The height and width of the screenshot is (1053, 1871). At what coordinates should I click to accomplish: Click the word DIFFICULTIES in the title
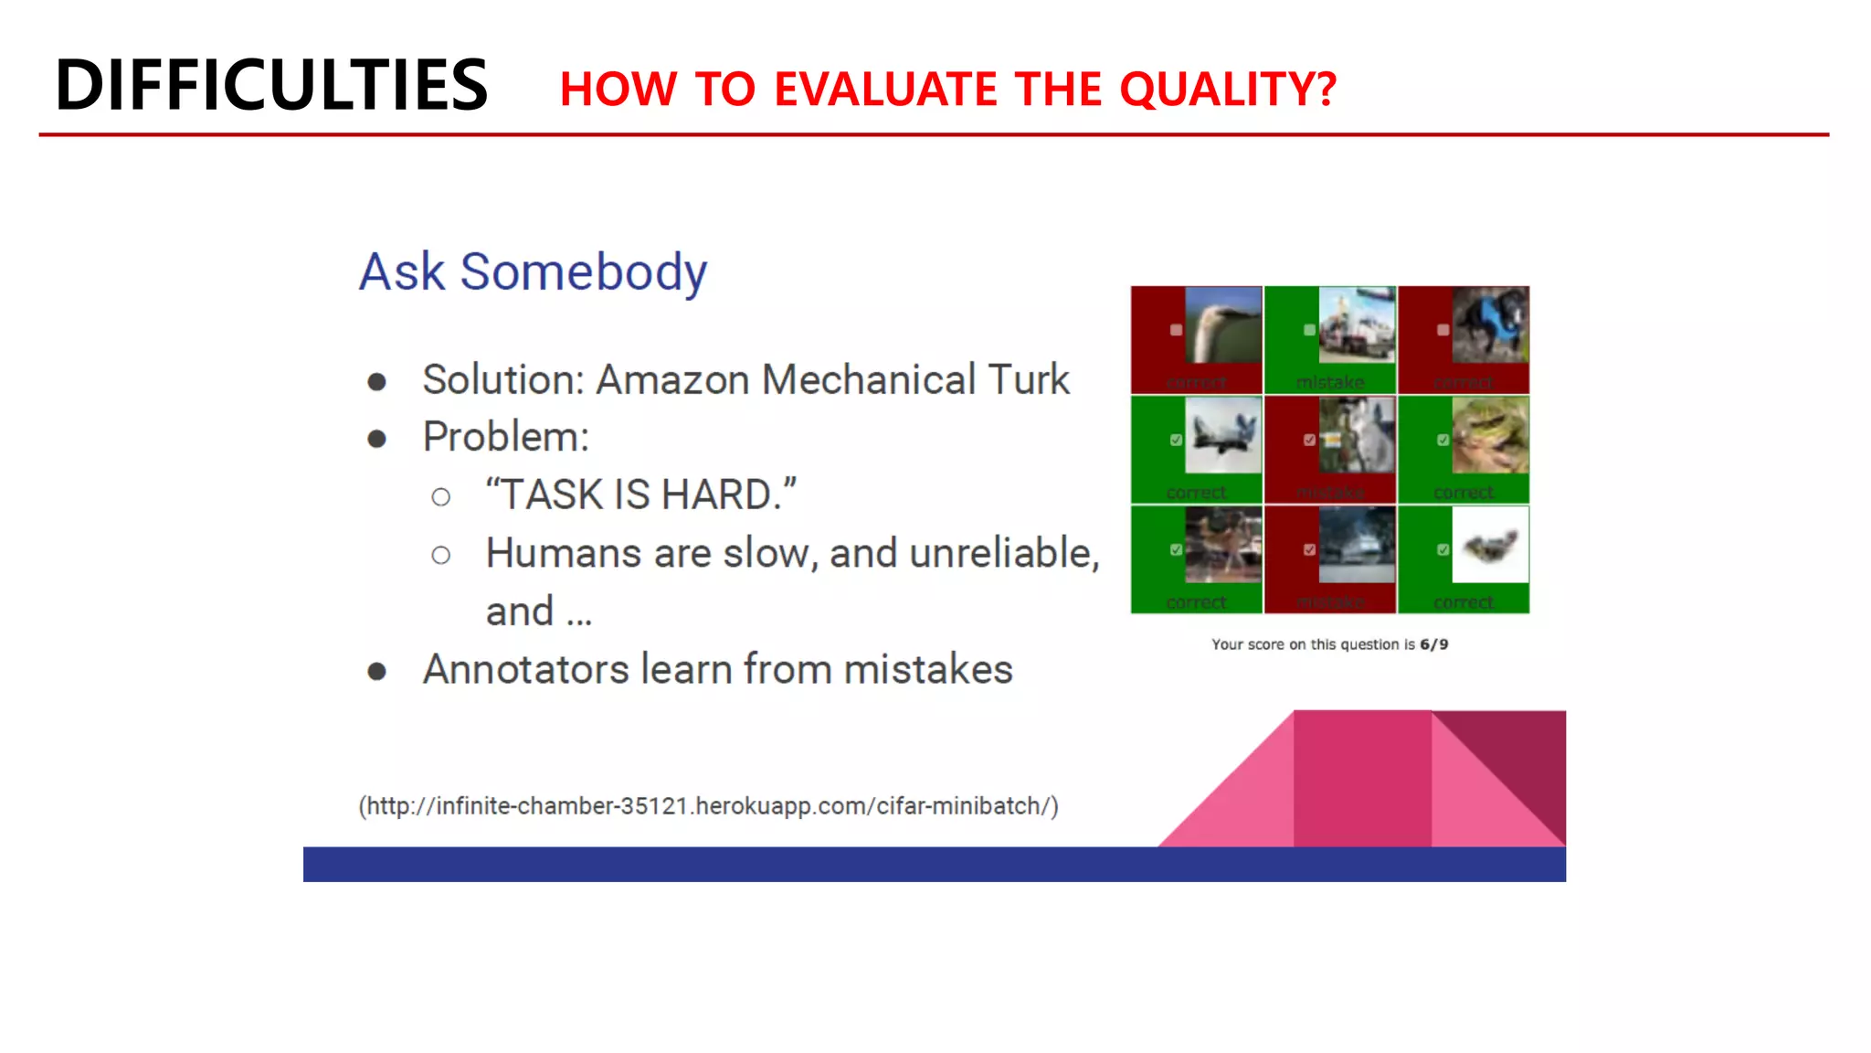pyautogui.click(x=271, y=85)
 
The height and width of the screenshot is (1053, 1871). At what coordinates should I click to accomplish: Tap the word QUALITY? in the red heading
pyautogui.click(x=1227, y=90)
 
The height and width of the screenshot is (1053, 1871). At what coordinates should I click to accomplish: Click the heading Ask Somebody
pyautogui.click(x=533, y=271)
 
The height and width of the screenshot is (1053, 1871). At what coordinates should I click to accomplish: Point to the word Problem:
pyautogui.click(x=505, y=437)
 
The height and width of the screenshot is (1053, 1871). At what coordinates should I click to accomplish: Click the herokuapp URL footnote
pyautogui.click(x=708, y=806)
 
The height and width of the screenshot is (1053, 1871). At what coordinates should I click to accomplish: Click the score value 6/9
pyautogui.click(x=1433, y=644)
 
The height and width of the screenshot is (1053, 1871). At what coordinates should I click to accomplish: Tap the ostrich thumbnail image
pyautogui.click(x=1222, y=325)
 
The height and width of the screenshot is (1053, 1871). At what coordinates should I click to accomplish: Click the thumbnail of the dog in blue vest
pyautogui.click(x=1489, y=325)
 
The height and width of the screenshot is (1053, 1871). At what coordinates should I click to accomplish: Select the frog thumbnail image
pyautogui.click(x=1489, y=436)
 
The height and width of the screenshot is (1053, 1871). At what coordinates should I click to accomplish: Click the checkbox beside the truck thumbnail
pyautogui.click(x=1309, y=330)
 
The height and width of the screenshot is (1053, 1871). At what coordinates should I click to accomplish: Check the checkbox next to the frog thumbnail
pyautogui.click(x=1443, y=440)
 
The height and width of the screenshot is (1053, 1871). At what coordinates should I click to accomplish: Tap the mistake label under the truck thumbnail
pyautogui.click(x=1329, y=382)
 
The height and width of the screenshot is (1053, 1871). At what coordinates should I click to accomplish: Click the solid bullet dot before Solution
pyautogui.click(x=376, y=382)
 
